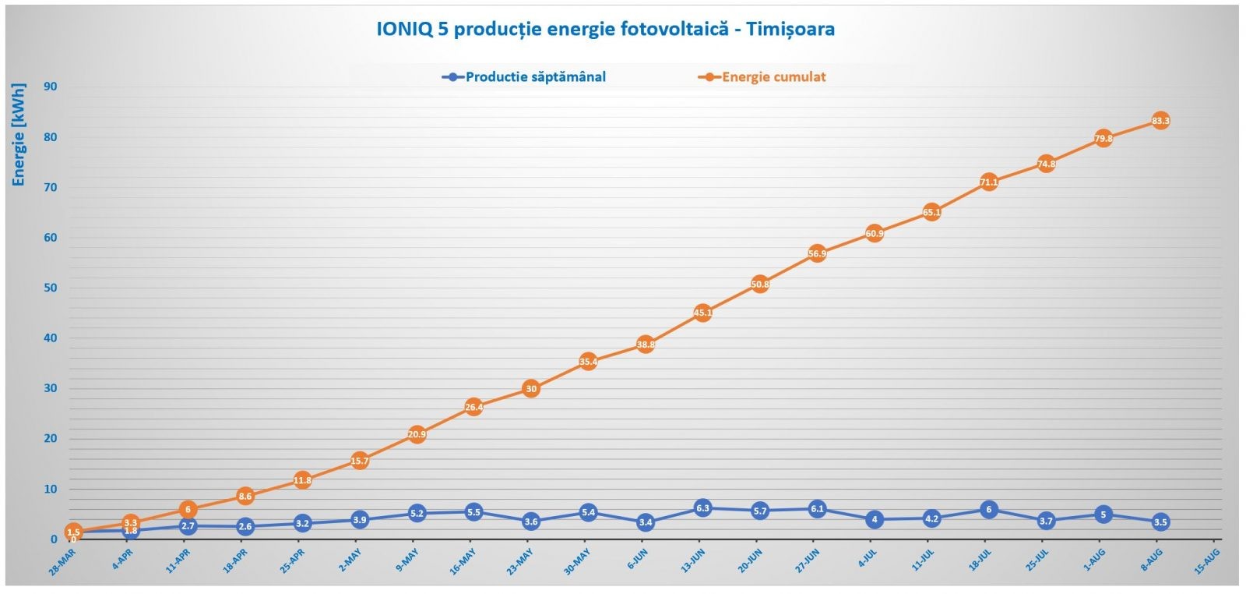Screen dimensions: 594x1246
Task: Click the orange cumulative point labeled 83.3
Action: [x=1160, y=121]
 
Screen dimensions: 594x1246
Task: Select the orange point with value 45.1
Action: [x=702, y=313]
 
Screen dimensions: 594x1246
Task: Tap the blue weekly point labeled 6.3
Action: [x=702, y=508]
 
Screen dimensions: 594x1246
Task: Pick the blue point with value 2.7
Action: [x=188, y=526]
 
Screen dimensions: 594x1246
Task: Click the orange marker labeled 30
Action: [x=531, y=388]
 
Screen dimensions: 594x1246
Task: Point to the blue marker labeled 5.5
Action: [x=473, y=512]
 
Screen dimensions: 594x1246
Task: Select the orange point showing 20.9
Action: [x=417, y=434]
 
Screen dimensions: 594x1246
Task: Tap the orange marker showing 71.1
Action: [x=989, y=182]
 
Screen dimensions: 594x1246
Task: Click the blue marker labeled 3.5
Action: [x=1160, y=522]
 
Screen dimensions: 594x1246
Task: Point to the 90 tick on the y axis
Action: [x=51, y=87]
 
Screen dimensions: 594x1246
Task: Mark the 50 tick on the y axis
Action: [x=51, y=288]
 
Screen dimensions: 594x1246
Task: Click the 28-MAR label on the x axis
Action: [x=62, y=560]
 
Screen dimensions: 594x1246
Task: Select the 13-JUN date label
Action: [x=692, y=560]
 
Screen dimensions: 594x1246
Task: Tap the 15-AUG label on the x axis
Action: [x=1207, y=560]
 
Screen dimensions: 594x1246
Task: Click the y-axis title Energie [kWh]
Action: [x=19, y=134]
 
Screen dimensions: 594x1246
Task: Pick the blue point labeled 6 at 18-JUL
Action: [x=989, y=510]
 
